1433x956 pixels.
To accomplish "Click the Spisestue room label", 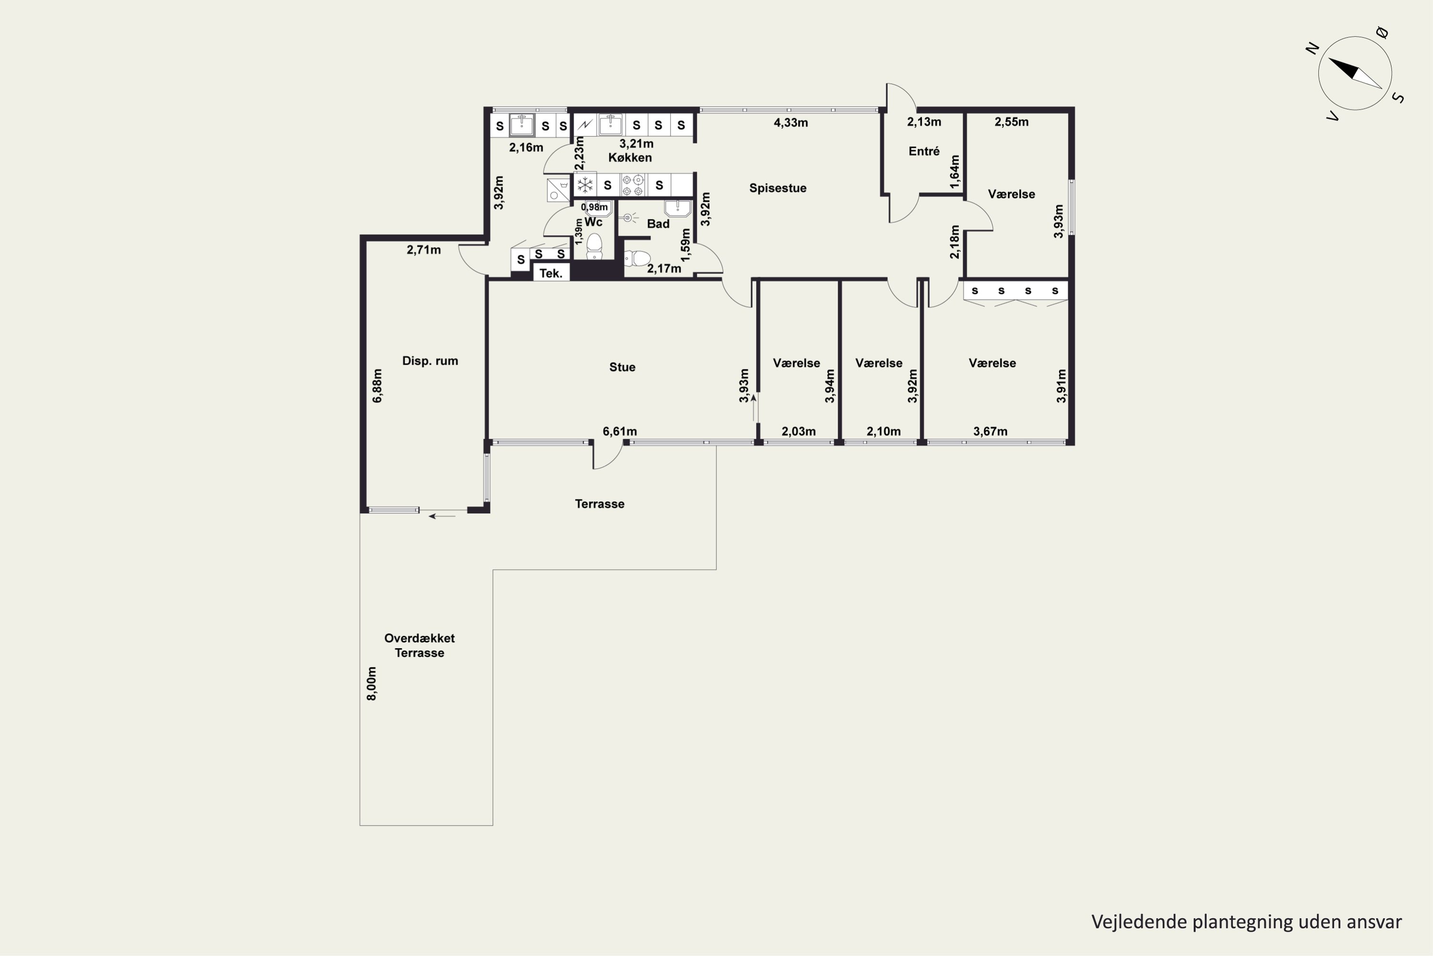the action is tap(778, 188).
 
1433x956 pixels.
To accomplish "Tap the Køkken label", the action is tap(630, 157).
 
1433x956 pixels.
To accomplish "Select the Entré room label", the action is tap(924, 151).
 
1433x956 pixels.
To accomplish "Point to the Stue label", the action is tap(622, 367).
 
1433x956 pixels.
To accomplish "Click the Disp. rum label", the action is tap(430, 361).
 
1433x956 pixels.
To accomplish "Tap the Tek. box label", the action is tap(551, 273).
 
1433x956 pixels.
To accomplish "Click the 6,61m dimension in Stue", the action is tap(620, 432).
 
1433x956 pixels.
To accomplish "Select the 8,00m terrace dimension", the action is tap(372, 684).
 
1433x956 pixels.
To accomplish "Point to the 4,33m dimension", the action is tap(791, 122).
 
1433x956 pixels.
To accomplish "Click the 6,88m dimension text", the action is tap(377, 386).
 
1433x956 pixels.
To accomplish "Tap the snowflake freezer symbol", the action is tap(585, 185).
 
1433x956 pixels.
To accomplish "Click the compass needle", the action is tap(1355, 73).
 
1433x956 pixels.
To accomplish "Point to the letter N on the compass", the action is tap(1312, 48).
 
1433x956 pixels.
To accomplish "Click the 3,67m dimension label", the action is tap(990, 432).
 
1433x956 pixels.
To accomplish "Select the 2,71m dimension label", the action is tap(423, 250).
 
